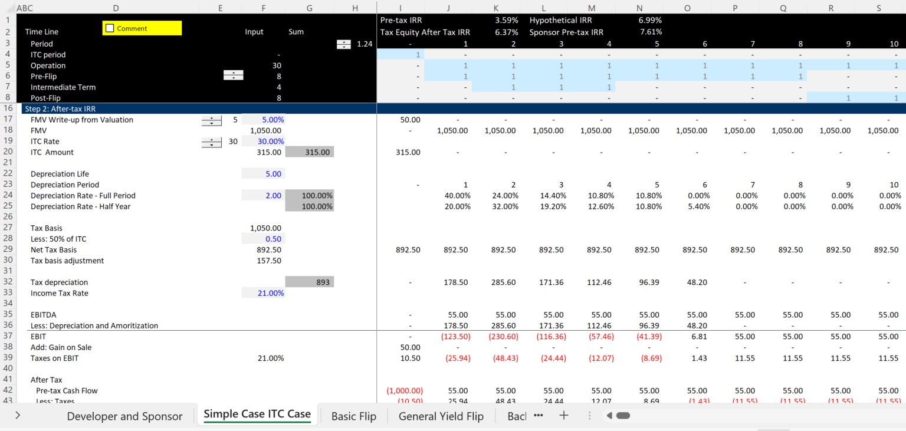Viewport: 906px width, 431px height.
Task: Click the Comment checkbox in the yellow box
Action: [110, 28]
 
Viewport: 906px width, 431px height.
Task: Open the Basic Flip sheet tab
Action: [353, 416]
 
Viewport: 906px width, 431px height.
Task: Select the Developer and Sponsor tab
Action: [124, 416]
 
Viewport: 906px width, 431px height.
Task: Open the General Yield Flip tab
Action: [441, 416]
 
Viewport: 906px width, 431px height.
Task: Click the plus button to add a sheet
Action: [564, 415]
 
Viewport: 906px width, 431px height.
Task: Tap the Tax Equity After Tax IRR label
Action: [425, 32]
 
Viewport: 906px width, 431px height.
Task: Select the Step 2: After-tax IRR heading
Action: [59, 108]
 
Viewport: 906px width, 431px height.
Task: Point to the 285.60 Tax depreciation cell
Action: [505, 282]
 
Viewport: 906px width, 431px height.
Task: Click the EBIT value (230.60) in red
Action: [505, 336]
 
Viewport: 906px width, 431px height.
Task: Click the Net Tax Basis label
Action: [54, 250]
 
